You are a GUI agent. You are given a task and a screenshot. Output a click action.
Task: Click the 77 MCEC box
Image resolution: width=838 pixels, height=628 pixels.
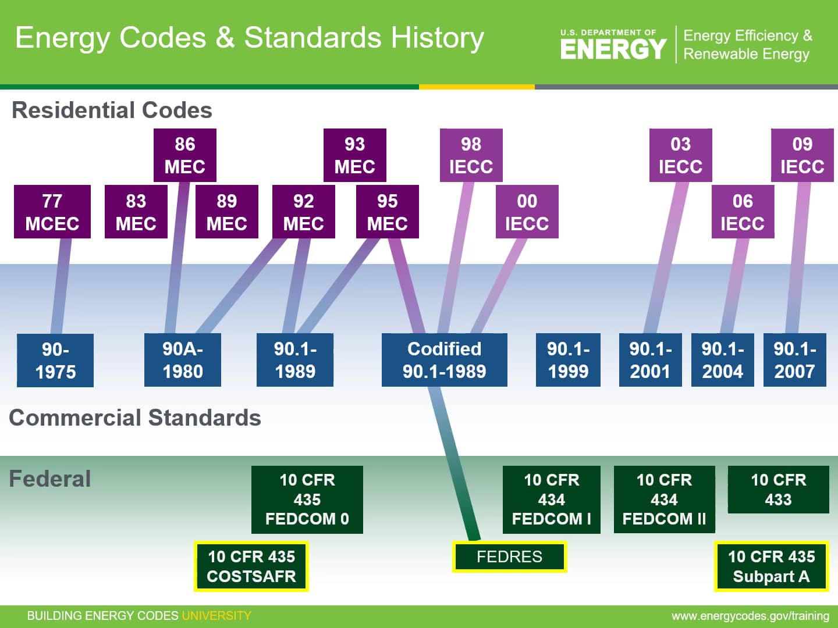[52, 212]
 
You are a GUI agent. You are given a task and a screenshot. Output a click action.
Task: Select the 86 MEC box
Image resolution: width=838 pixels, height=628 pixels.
[184, 155]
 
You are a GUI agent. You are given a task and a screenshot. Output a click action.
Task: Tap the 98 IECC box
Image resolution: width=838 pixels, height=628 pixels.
[471, 155]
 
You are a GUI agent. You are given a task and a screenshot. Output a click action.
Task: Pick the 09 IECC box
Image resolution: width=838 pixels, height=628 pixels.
[802, 155]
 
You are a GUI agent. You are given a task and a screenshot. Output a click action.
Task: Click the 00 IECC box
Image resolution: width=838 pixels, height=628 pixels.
[527, 212]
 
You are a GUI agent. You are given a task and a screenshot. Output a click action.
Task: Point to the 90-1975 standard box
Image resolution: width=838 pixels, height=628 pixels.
[55, 360]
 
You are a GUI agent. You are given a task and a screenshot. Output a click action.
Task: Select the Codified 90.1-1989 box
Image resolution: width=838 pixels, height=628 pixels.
[444, 360]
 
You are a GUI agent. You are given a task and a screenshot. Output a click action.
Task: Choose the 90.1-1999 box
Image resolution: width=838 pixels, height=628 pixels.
[568, 360]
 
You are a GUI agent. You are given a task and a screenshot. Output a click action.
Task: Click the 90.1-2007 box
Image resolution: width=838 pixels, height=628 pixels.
[794, 360]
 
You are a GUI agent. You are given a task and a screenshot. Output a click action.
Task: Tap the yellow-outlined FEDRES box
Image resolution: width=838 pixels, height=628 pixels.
[509, 557]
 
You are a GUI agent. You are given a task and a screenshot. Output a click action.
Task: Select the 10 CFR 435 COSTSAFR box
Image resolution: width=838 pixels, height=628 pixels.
[251, 566]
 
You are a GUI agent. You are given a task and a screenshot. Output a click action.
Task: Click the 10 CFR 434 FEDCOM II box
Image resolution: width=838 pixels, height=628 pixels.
[664, 499]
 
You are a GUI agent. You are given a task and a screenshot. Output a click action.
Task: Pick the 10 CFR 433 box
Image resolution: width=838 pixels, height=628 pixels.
[778, 490]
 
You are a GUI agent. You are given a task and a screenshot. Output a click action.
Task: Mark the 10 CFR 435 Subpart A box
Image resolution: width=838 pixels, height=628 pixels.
[771, 566]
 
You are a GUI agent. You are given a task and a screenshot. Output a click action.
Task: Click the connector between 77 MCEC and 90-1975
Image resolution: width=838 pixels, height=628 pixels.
[61, 285]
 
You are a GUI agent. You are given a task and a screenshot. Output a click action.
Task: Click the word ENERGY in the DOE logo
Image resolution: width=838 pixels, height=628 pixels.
[613, 49]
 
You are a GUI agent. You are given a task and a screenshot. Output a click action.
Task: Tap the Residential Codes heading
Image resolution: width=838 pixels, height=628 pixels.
[112, 110]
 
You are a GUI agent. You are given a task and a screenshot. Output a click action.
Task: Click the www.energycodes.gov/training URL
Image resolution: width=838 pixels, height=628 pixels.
[750, 616]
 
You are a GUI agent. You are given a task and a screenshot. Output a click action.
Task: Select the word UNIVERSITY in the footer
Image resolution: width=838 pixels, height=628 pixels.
[216, 616]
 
